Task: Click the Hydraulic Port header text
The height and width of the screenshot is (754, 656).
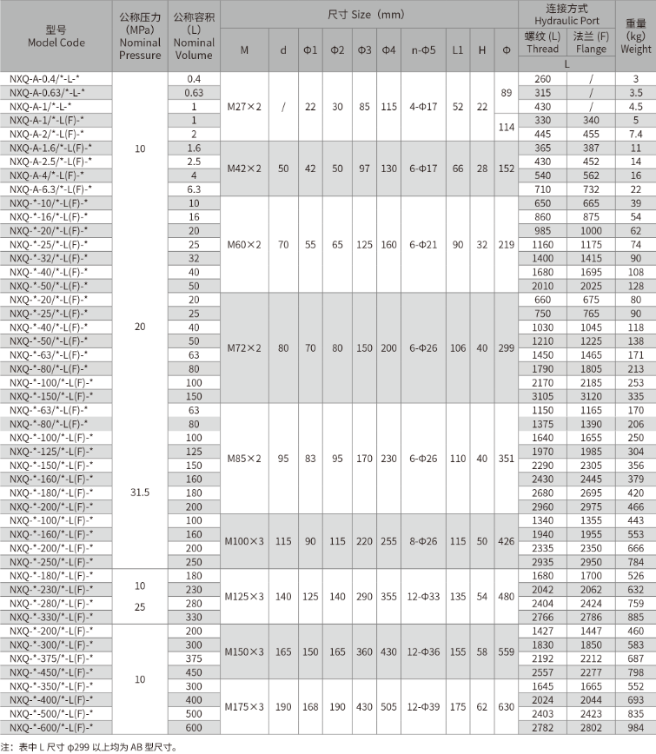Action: tap(567, 18)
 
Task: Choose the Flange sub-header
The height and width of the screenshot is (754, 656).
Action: tap(591, 43)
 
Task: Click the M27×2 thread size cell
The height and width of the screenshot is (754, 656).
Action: tap(244, 107)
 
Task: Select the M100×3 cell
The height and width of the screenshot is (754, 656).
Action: tap(244, 540)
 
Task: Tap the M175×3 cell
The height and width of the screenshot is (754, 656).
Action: tap(244, 706)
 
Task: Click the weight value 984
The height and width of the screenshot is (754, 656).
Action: tap(635, 726)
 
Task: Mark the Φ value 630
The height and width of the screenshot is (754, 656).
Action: tap(507, 706)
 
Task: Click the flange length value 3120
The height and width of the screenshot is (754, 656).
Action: tap(591, 395)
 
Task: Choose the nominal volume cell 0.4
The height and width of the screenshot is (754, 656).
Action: tap(193, 79)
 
